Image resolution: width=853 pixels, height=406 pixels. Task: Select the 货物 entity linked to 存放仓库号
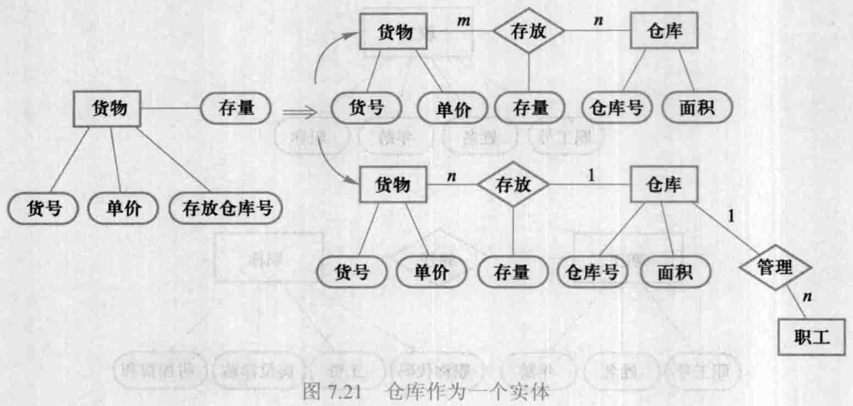(x=108, y=108)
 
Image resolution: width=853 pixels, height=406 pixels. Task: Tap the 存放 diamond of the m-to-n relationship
(x=529, y=32)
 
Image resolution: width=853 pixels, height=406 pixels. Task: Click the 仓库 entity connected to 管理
(x=664, y=185)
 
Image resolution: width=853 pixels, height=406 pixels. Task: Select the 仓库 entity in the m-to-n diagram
(x=664, y=32)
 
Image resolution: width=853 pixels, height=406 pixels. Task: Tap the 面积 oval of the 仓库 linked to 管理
(x=674, y=270)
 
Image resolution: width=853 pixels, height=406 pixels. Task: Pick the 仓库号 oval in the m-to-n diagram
(x=616, y=108)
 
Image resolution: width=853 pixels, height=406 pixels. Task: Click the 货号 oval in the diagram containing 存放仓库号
(x=44, y=208)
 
